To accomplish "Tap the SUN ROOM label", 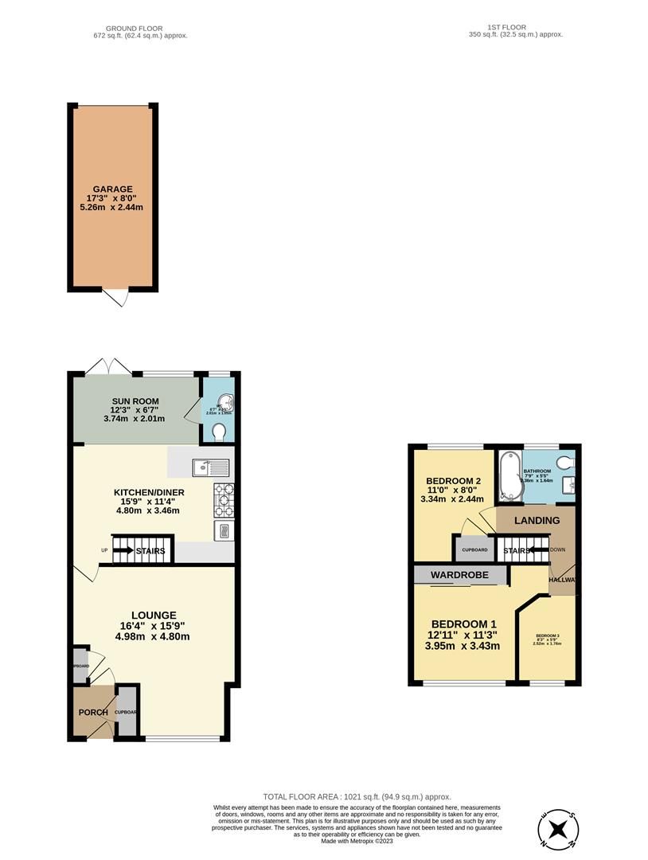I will [135, 401].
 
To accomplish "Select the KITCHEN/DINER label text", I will [149, 492].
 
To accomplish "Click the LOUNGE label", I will [154, 615].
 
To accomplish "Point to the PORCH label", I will [92, 712].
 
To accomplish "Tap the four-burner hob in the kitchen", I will [224, 498].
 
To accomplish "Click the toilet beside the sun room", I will [220, 432].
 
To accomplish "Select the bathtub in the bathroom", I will [509, 477].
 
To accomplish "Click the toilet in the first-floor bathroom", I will [566, 463].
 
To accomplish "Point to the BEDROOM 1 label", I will [464, 624].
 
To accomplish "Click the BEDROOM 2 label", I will [453, 481].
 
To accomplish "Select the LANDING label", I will [537, 521].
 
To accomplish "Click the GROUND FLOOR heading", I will [140, 28].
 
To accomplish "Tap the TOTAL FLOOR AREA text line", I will [357, 796].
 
